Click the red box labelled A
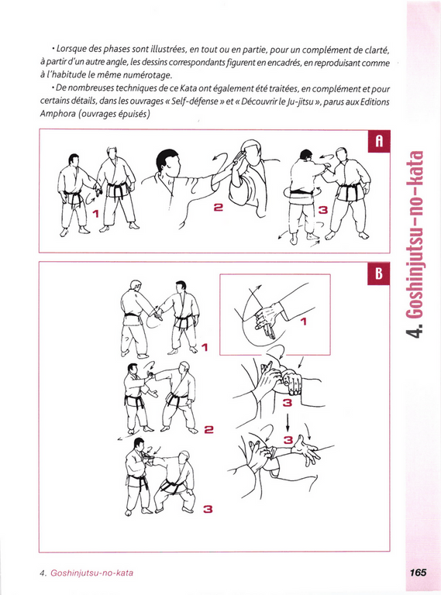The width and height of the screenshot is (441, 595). (x=379, y=141)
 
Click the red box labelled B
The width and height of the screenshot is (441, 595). (x=379, y=273)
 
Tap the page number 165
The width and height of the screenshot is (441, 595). (x=418, y=573)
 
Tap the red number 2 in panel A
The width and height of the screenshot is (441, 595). (x=219, y=207)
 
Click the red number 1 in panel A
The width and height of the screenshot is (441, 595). (x=95, y=214)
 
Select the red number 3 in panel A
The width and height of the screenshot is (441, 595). (x=323, y=209)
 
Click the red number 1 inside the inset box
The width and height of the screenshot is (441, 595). (x=303, y=322)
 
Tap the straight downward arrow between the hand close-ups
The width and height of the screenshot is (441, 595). (x=288, y=421)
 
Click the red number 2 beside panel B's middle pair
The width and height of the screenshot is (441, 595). (x=208, y=429)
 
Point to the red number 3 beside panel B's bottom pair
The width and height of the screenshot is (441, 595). (x=208, y=509)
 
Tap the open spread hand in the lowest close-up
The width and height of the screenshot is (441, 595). (x=308, y=449)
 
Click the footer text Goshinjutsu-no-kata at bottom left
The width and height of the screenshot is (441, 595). (x=92, y=573)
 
